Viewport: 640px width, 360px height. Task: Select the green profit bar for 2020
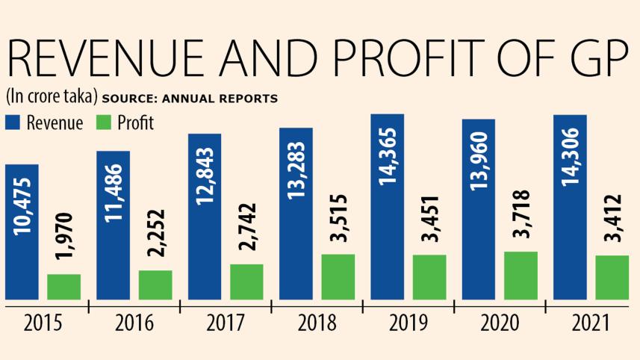(x=521, y=276)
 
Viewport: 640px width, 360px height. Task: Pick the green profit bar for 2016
(x=155, y=285)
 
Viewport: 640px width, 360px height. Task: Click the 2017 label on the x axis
(x=226, y=323)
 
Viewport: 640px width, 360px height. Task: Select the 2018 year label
(x=317, y=323)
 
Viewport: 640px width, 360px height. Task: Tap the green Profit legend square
(x=103, y=122)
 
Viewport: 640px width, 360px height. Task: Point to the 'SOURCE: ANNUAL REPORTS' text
(x=190, y=99)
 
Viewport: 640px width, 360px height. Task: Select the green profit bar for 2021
(x=612, y=277)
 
